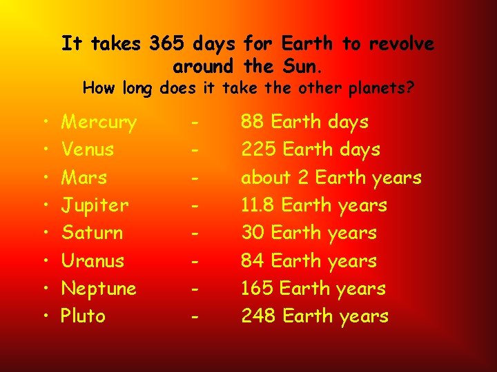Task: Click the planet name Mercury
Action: point(99,123)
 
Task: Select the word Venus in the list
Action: point(88,149)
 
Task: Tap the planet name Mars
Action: point(84,178)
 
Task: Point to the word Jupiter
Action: point(95,205)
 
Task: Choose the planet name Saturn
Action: point(92,233)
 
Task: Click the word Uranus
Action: point(93,261)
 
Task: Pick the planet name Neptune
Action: point(99,289)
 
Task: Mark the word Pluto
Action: point(84,316)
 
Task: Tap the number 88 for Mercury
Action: point(252,123)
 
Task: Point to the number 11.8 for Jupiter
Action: point(258,205)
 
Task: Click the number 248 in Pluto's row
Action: point(257,316)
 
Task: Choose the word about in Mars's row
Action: point(266,178)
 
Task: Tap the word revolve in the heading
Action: point(401,44)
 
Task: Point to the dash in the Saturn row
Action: point(197,234)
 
